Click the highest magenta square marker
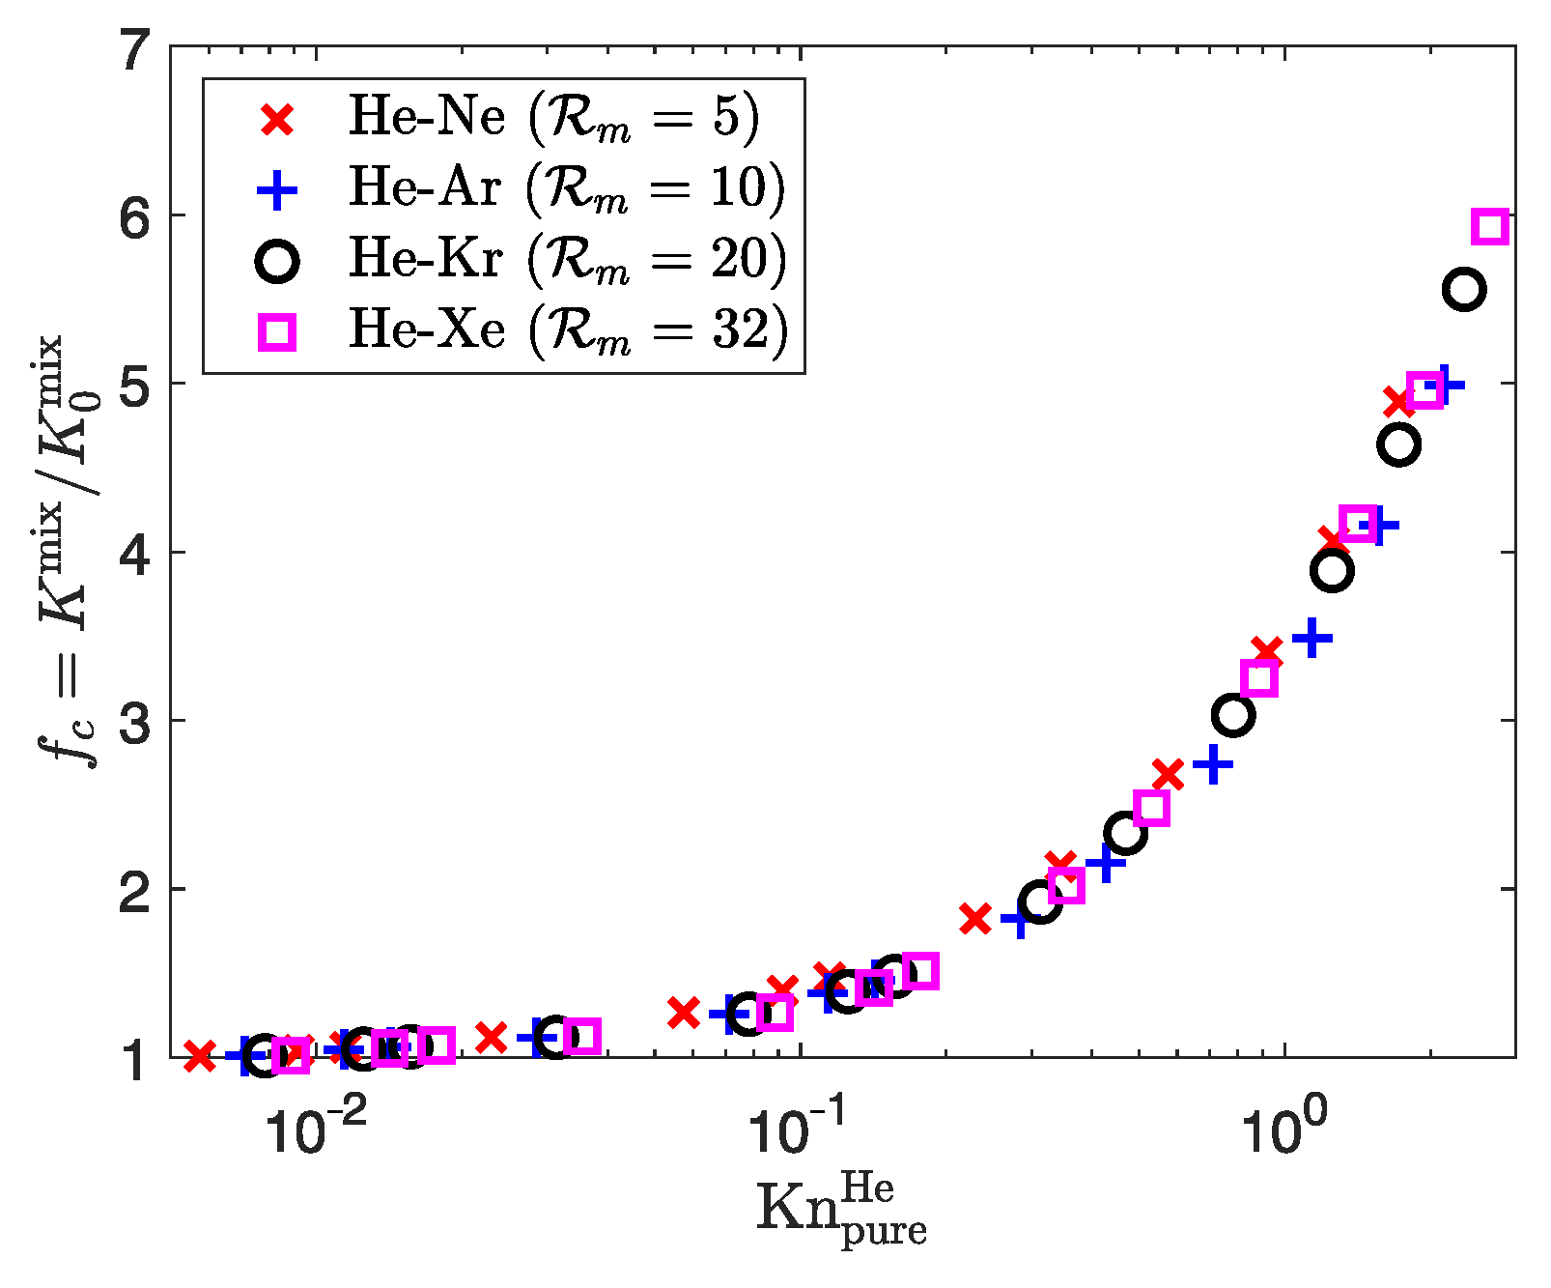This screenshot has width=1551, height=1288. point(1490,226)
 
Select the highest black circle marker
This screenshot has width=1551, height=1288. point(1464,290)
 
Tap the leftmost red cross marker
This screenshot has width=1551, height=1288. point(199,1056)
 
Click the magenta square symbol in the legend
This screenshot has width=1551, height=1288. point(278,333)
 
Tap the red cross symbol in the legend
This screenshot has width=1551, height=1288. point(278,120)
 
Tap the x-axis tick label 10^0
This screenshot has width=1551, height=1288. point(1279,1131)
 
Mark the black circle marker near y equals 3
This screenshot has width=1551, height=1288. point(1233,715)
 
